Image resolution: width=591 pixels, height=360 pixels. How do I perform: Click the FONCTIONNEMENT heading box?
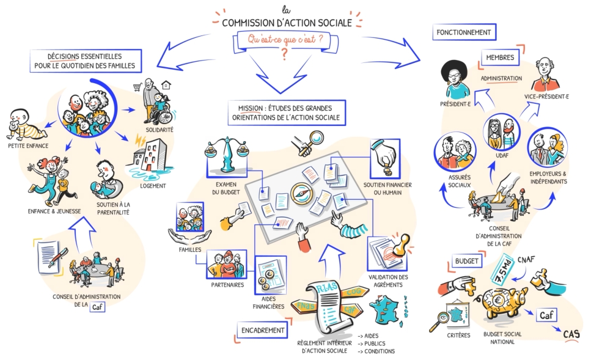point(464,32)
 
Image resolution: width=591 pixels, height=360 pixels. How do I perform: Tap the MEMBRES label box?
point(500,57)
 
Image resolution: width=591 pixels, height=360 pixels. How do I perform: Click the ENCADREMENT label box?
point(262,330)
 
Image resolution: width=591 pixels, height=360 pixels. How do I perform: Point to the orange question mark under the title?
point(284,54)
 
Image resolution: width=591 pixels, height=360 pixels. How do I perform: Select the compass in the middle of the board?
point(301,193)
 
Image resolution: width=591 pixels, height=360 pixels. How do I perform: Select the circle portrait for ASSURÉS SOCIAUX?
point(455,152)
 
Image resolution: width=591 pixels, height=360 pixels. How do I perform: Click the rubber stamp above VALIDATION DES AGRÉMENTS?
point(400,244)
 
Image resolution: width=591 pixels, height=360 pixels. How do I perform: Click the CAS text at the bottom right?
point(571,334)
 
